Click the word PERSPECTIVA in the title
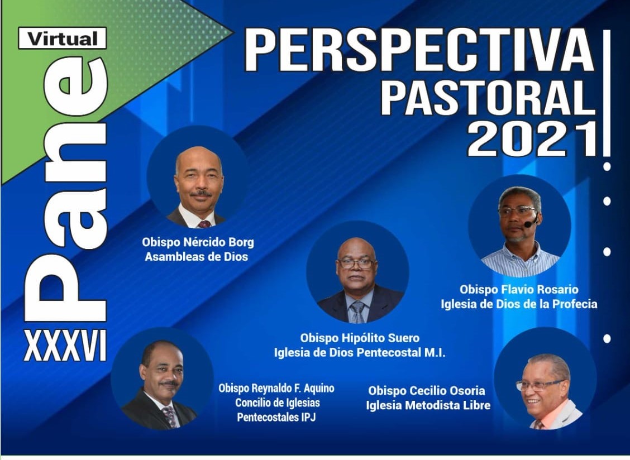[419, 51]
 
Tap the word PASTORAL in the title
[488, 98]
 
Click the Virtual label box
[63, 38]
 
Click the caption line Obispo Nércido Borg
[198, 243]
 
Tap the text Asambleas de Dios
[197, 257]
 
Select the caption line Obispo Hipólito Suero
[360, 338]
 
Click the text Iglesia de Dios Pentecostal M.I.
[360, 353]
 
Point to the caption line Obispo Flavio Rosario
[519, 289]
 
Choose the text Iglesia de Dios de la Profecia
[519, 304]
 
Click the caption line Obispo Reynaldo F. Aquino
[276, 389]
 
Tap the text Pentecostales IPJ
[276, 417]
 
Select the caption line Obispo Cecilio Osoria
[427, 391]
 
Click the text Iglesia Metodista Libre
[428, 405]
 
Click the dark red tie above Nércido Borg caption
[204, 224]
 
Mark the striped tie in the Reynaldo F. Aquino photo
[169, 416]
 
